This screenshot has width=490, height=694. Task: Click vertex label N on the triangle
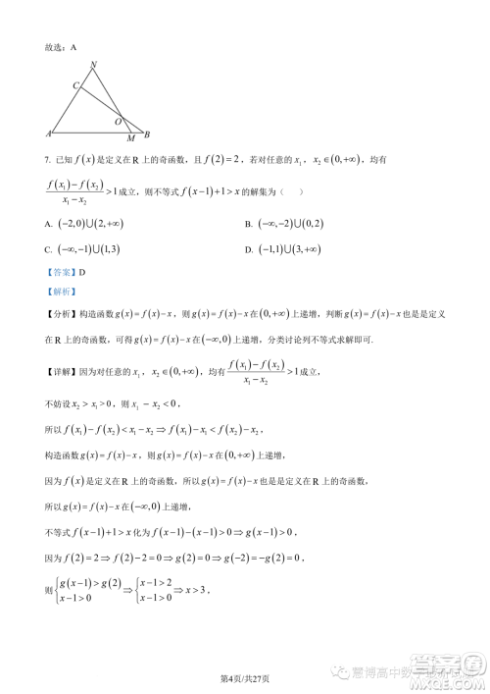click(x=93, y=66)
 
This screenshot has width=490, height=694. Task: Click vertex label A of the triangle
click(x=49, y=133)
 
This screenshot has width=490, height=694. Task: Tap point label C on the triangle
click(x=75, y=86)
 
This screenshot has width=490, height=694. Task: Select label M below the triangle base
click(x=130, y=139)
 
